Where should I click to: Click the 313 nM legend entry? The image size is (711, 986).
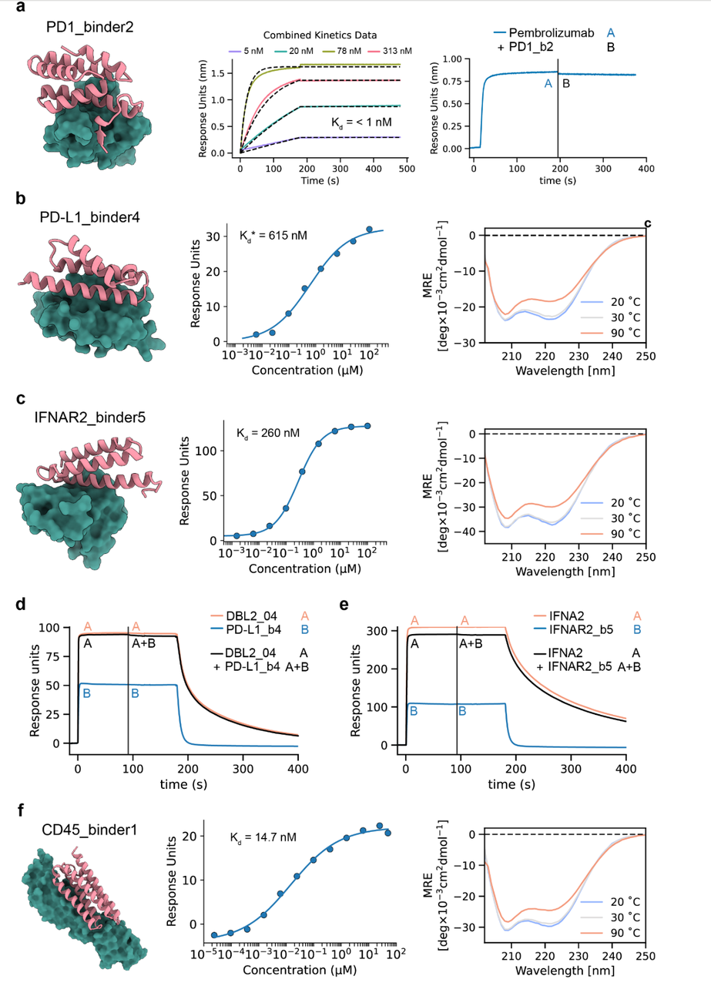click(395, 51)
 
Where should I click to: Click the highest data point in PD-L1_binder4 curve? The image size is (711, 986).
click(369, 230)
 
